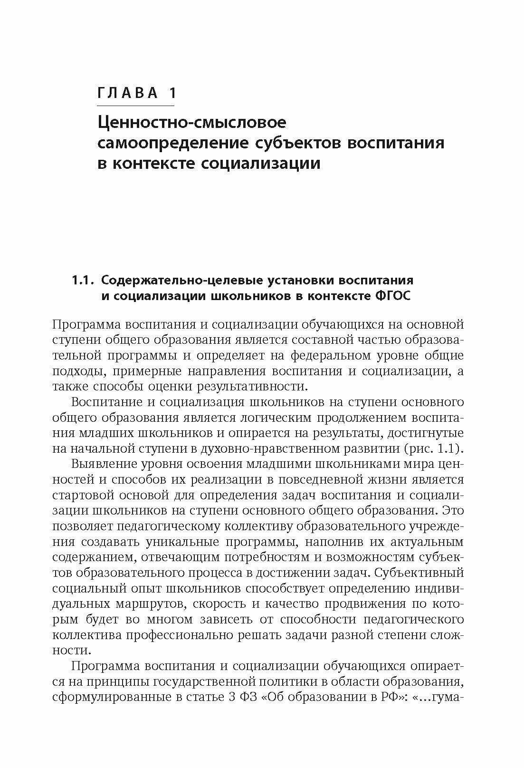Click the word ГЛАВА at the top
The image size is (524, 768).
(x=127, y=93)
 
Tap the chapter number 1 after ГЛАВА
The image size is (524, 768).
(x=171, y=93)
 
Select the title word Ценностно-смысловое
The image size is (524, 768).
(x=192, y=123)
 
